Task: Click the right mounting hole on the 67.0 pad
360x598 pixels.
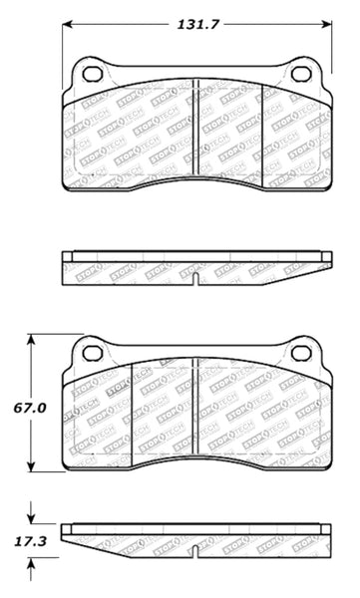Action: pyautogui.click(x=298, y=351)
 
